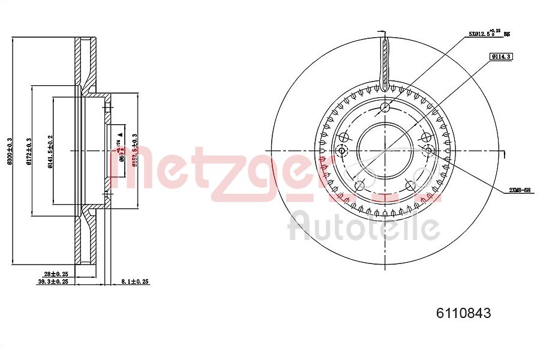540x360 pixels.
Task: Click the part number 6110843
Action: [x=463, y=313]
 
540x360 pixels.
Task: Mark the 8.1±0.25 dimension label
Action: [x=134, y=281]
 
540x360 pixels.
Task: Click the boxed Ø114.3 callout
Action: [x=500, y=56]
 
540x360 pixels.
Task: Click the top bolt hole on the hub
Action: [x=385, y=107]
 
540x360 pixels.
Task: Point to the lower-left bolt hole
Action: [x=359, y=185]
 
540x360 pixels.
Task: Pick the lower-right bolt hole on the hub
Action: [x=411, y=185]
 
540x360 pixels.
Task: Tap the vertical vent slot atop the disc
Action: [x=385, y=60]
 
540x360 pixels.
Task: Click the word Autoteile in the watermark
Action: [x=364, y=228]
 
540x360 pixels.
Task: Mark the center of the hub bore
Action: [x=385, y=150]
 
